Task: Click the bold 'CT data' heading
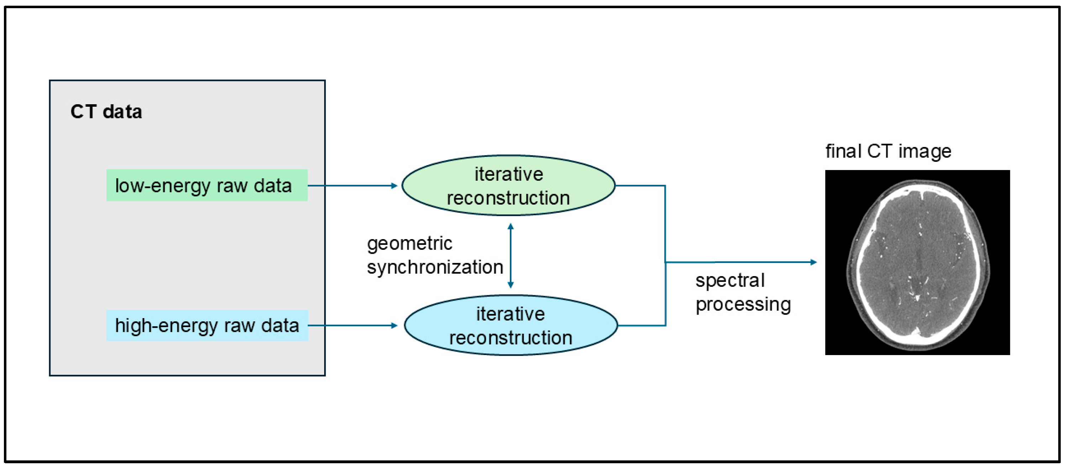click(x=106, y=112)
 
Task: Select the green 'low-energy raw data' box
click(x=207, y=185)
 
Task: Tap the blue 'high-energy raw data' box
click(x=207, y=325)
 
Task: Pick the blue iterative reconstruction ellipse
click(x=511, y=325)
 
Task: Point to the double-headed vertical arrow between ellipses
click(x=511, y=255)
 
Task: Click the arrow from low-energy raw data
click(x=353, y=186)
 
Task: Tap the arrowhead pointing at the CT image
click(x=814, y=262)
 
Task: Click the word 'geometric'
click(x=409, y=244)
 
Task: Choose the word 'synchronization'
click(x=435, y=268)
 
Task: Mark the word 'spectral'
click(x=730, y=281)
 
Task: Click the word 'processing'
click(x=743, y=305)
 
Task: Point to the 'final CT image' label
click(x=889, y=151)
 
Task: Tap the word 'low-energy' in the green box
click(x=163, y=186)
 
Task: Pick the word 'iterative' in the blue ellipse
click(x=511, y=314)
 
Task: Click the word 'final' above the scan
click(x=843, y=151)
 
